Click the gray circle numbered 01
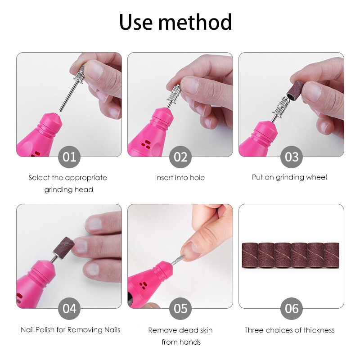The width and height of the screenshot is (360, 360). click(x=69, y=157)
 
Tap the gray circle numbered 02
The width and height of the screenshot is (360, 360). click(x=180, y=157)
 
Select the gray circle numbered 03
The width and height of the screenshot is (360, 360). click(x=291, y=157)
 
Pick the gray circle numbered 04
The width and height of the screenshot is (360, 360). click(x=69, y=309)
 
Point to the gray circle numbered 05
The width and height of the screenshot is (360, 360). click(x=180, y=309)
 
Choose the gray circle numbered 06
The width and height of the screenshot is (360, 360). click(x=291, y=309)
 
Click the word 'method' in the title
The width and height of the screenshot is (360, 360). click(x=195, y=22)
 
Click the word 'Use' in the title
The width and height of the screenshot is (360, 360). click(x=136, y=22)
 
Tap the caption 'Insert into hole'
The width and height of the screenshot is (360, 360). click(x=180, y=177)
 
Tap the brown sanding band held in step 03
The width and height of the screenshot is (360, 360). click(x=295, y=90)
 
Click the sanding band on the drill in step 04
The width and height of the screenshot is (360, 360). click(x=64, y=245)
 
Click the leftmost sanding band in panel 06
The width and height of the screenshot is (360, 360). click(x=250, y=255)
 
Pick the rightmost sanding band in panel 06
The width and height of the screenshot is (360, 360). click(x=332, y=255)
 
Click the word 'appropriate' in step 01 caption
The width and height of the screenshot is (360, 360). click(x=86, y=178)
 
